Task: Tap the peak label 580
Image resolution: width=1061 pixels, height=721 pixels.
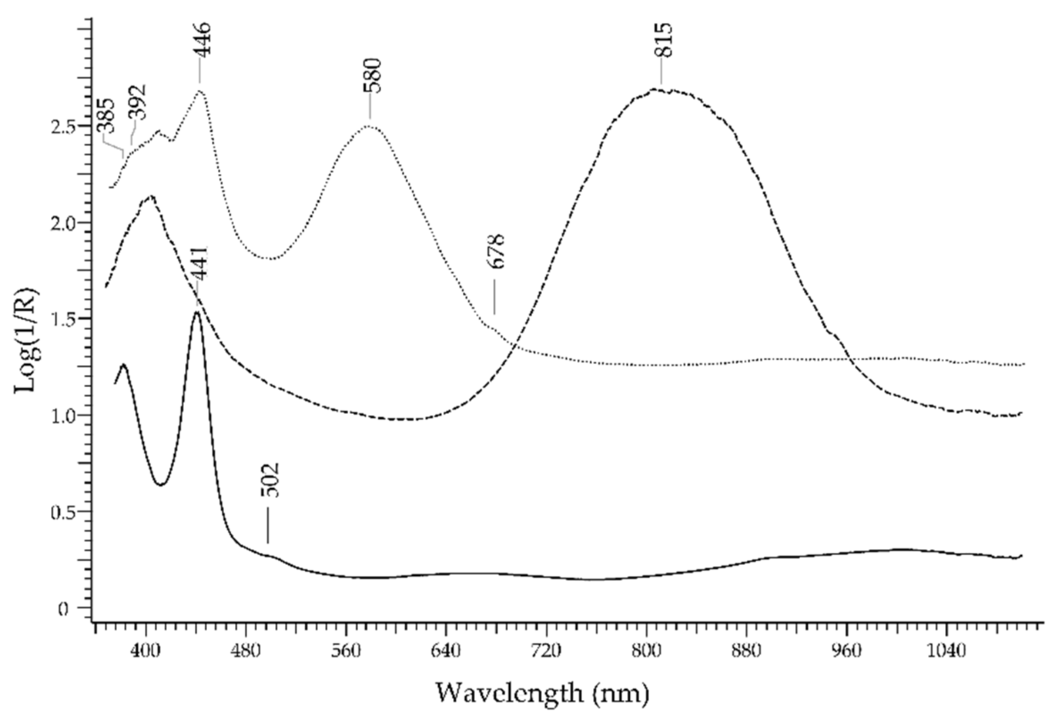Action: [x=372, y=76]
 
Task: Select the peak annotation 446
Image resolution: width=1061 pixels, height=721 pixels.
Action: [x=202, y=38]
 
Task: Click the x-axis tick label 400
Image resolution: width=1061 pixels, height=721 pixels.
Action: [x=146, y=651]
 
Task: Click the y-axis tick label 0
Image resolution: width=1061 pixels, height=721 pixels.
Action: [x=63, y=610]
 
